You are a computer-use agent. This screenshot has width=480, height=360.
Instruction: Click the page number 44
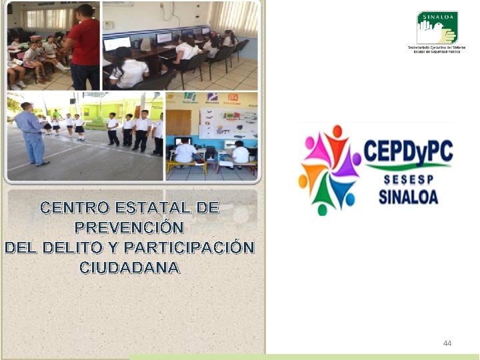447,343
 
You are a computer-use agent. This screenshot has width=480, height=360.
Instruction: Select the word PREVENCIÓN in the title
129,227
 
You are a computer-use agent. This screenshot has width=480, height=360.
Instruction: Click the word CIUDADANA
129,267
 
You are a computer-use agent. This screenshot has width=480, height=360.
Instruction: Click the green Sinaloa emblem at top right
437,27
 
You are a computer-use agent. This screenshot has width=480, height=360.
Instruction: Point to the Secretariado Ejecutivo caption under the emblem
437,49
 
